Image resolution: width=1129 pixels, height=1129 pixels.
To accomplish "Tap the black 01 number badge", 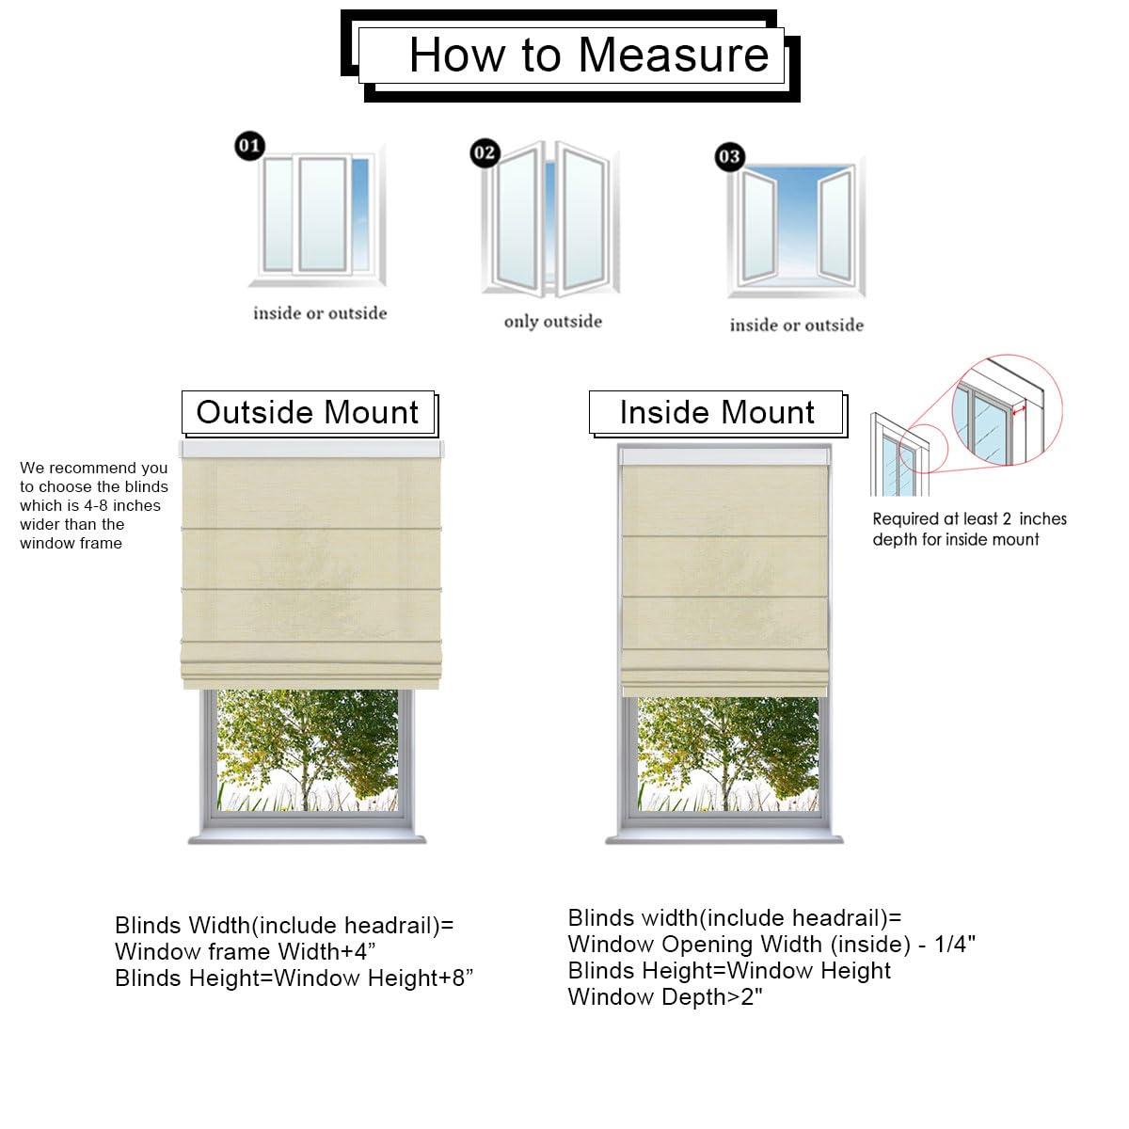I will click(249, 146).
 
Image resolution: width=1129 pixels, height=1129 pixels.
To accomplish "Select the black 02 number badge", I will click(485, 152).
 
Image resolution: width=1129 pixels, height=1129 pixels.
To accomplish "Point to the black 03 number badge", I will click(729, 156).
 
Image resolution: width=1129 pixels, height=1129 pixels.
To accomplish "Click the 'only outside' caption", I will click(552, 322).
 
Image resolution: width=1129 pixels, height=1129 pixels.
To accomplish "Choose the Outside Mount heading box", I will click(308, 412).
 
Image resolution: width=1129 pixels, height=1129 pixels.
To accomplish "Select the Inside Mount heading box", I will click(717, 412).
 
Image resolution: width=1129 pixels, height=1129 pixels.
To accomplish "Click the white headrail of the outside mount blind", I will click(310, 451).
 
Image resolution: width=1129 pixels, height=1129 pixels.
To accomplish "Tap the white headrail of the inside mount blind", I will click(723, 456).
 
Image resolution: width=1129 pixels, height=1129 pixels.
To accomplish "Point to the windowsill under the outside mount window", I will click(308, 838).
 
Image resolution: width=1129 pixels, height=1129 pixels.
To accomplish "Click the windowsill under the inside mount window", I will click(724, 838).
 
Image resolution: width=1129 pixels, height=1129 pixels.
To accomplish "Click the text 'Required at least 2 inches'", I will click(969, 518).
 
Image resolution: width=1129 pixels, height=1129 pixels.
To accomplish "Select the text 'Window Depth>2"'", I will click(665, 997).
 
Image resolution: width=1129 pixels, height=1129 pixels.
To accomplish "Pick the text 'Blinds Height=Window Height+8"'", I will click(294, 978).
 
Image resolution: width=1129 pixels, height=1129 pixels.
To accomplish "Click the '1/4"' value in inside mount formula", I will click(954, 944).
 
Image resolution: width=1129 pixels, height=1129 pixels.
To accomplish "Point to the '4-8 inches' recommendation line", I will click(90, 505).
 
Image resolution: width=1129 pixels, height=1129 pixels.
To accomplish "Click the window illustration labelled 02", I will click(551, 218).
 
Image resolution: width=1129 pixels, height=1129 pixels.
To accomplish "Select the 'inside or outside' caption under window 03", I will click(796, 326).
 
